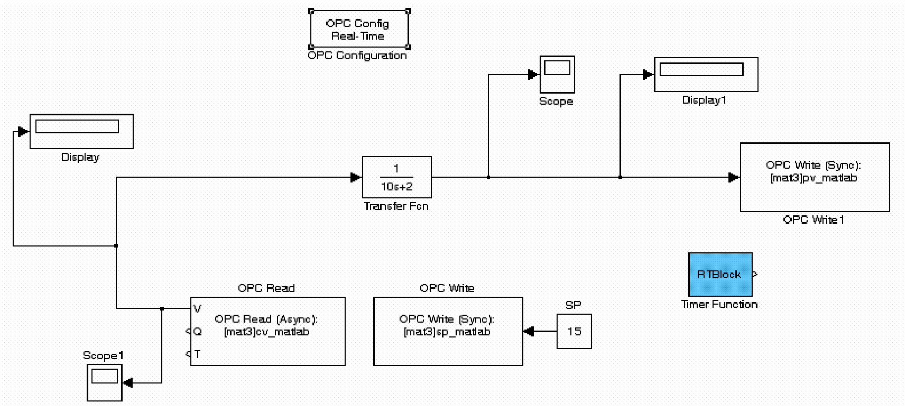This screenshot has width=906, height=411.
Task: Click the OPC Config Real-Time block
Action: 359,30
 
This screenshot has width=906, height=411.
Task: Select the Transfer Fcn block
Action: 396,177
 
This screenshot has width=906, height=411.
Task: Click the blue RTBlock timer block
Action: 720,275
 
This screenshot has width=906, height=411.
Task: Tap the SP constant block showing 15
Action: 574,332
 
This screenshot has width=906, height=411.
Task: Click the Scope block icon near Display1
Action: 557,75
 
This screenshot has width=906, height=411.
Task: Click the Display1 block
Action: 706,75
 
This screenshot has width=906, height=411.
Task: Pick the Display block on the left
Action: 81,131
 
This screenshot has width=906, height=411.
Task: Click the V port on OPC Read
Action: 197,308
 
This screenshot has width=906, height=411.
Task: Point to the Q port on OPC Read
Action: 197,332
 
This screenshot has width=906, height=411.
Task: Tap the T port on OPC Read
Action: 197,354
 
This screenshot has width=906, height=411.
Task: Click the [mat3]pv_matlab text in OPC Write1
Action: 813,178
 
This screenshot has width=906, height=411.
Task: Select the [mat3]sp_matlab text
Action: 447,332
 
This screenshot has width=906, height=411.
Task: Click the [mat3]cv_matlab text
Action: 266,332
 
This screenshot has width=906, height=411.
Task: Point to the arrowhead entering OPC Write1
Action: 734,177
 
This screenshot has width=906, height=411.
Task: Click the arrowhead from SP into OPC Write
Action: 529,332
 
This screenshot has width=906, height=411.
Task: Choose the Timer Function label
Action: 719,304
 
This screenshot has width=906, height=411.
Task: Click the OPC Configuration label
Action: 357,56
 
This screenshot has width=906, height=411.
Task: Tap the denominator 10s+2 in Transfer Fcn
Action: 396,187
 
